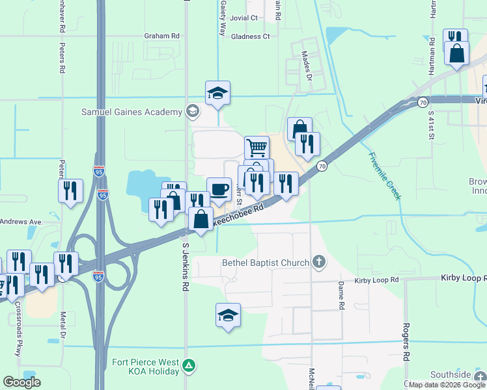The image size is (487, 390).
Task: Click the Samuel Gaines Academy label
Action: (x=132, y=112)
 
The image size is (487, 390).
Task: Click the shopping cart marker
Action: (x=257, y=148)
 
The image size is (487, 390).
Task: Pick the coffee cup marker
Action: (x=219, y=189)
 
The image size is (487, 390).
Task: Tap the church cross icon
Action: (x=318, y=262)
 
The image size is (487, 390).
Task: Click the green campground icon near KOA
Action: (x=189, y=366)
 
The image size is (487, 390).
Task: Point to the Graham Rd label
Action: (x=161, y=36)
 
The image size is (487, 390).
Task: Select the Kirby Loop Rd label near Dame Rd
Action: (x=376, y=280)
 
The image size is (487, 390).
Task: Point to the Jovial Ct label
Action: (x=244, y=18)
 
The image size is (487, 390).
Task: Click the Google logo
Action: (x=22, y=382)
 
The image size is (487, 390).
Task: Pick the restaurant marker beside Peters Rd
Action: (x=70, y=191)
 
